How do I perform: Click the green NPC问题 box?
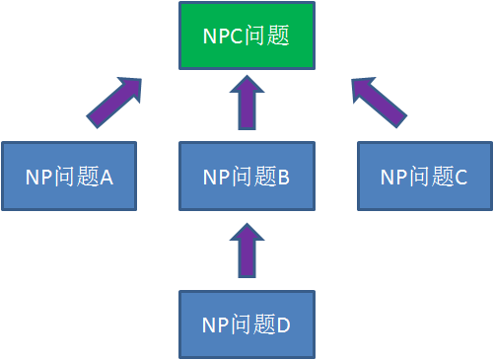(247, 36)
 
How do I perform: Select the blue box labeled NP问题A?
(69, 176)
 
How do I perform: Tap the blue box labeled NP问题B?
(247, 176)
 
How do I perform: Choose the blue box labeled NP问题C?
(424, 176)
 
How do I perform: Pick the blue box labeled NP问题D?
(247, 324)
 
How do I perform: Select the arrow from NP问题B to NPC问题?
(247, 105)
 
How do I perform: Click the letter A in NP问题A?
(107, 178)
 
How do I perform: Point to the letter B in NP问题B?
(284, 178)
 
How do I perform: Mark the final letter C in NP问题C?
(461, 178)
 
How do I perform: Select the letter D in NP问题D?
(284, 324)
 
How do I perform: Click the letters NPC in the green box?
(221, 37)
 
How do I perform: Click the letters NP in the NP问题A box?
(38, 178)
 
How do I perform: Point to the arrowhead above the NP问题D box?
(247, 235)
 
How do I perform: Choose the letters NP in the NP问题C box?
(393, 178)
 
